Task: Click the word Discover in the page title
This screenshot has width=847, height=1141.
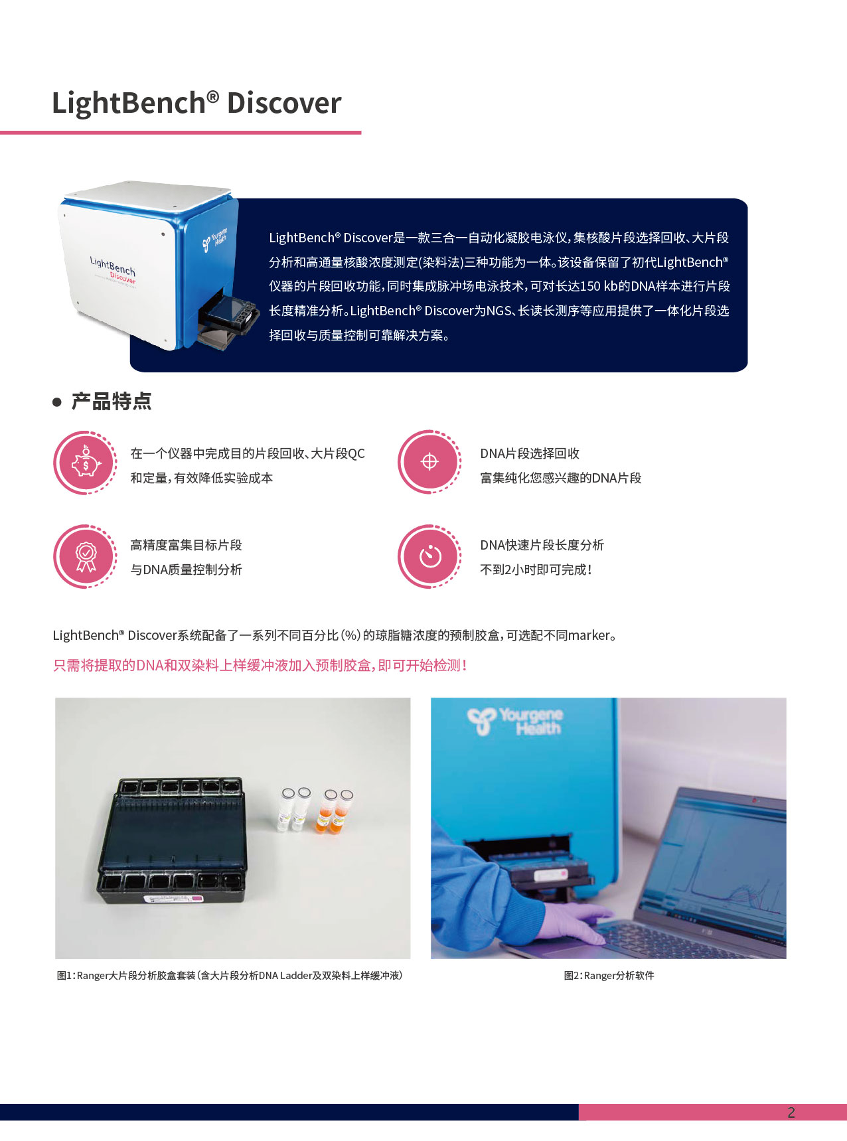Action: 284,104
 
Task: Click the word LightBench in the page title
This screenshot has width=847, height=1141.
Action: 129,104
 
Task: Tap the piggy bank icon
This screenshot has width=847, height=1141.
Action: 86,463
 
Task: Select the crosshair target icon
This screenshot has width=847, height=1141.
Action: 429,462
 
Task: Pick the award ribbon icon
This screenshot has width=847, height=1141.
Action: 86,556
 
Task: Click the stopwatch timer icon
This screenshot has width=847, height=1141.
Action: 429,556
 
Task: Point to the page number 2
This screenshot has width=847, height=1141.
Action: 791,1112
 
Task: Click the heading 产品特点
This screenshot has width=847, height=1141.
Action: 112,402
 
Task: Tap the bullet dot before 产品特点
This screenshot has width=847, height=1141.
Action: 57,402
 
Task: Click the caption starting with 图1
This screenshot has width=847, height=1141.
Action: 230,975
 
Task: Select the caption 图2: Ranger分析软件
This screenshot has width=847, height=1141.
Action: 609,975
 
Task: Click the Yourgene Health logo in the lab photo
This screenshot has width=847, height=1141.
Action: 515,721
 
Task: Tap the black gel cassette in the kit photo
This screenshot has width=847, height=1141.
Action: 173,840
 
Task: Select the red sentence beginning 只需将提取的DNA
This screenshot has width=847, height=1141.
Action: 260,665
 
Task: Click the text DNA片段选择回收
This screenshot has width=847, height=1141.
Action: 530,453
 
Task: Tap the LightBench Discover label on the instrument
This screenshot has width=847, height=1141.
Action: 113,269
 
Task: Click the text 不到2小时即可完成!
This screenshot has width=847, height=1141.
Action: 536,570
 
